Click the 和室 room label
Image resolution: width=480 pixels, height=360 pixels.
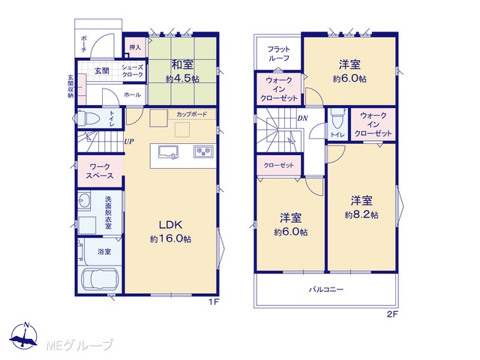coord(182,65)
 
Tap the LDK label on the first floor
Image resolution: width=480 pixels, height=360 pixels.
coord(170,225)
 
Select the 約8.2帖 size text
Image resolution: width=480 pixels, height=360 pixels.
coord(361,214)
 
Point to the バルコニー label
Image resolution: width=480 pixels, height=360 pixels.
coord(326,289)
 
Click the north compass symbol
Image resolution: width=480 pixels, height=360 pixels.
coord(24,336)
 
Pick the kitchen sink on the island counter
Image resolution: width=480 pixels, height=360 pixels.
coord(168,151)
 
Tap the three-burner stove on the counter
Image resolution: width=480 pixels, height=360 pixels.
coord(203,151)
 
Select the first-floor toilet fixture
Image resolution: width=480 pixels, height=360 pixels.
coord(88,118)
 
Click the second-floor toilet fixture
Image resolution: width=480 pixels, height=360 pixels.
coord(337,119)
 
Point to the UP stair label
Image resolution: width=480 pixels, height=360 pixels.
coord(129,142)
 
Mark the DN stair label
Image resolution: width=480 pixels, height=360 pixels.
coord(303,118)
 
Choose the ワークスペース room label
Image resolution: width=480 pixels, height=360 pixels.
coord(100,172)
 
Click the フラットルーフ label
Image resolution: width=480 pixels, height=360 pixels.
coord(278,53)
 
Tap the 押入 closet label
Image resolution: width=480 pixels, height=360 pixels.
coord(135,47)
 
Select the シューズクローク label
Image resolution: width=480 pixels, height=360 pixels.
coord(133,71)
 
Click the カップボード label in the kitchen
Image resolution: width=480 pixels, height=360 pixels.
coord(192,114)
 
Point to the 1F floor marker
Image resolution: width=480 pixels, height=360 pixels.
coord(214,302)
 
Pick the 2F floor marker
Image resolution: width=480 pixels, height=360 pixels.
coord(392,314)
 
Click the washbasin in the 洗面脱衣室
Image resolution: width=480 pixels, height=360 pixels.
coord(84,202)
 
